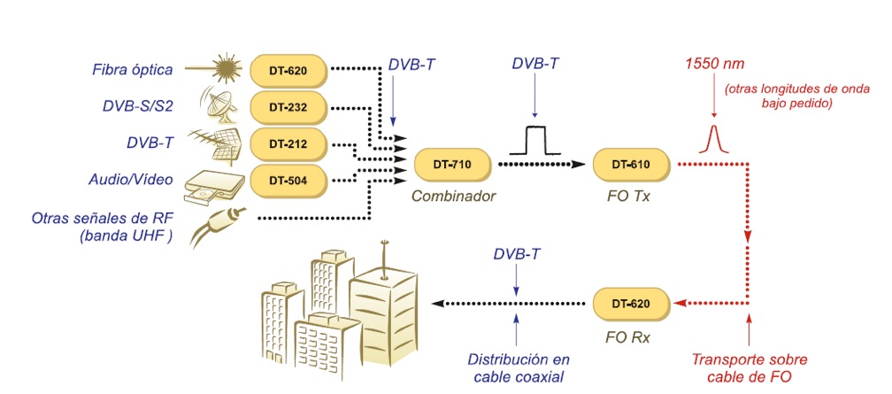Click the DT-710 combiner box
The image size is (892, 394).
click(451, 164)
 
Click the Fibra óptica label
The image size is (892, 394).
click(134, 69)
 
